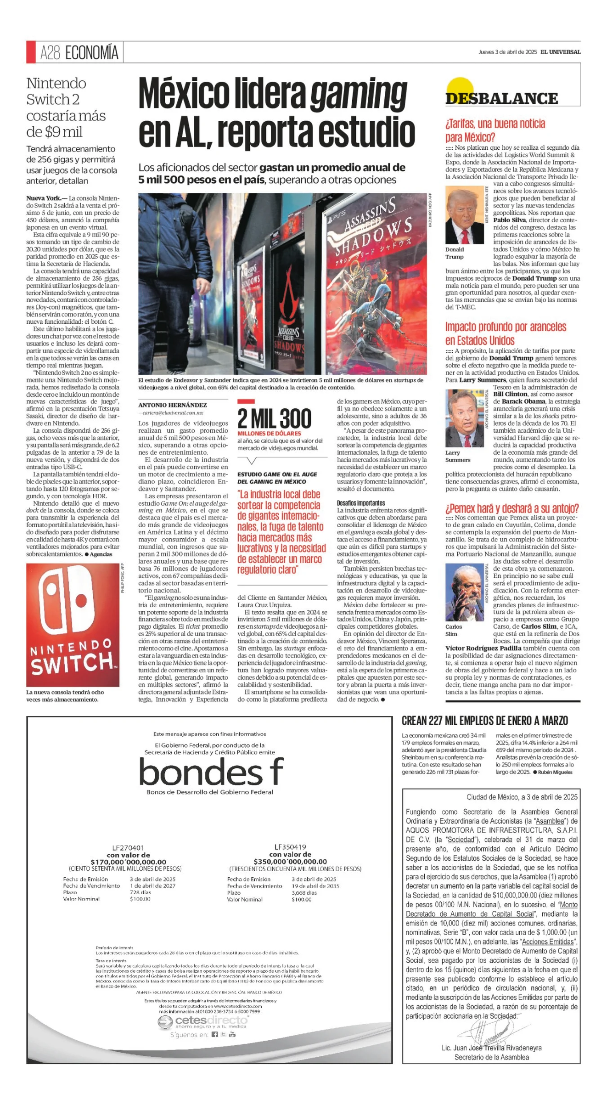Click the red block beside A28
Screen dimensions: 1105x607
pos(31,52)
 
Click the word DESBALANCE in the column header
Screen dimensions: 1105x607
pos(501,98)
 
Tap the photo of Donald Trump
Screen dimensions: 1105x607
pos(464,214)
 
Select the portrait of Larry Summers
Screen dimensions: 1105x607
pos(464,418)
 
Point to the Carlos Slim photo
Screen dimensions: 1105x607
pos(464,592)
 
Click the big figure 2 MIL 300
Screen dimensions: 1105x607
pos(274,418)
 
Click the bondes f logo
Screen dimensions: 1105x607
pos(211,771)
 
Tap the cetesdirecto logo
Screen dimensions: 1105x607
pos(204,1022)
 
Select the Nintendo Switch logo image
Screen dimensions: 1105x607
pos(73,625)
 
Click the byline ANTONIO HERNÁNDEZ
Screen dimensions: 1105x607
pos(172,405)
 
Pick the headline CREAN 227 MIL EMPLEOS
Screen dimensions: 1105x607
pos(484,721)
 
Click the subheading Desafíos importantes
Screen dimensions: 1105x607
pos(360,503)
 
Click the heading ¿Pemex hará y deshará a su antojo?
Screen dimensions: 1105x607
pos(512,508)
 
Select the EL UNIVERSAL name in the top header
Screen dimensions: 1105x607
pos(560,52)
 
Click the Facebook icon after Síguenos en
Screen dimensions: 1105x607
pos(214,1034)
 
